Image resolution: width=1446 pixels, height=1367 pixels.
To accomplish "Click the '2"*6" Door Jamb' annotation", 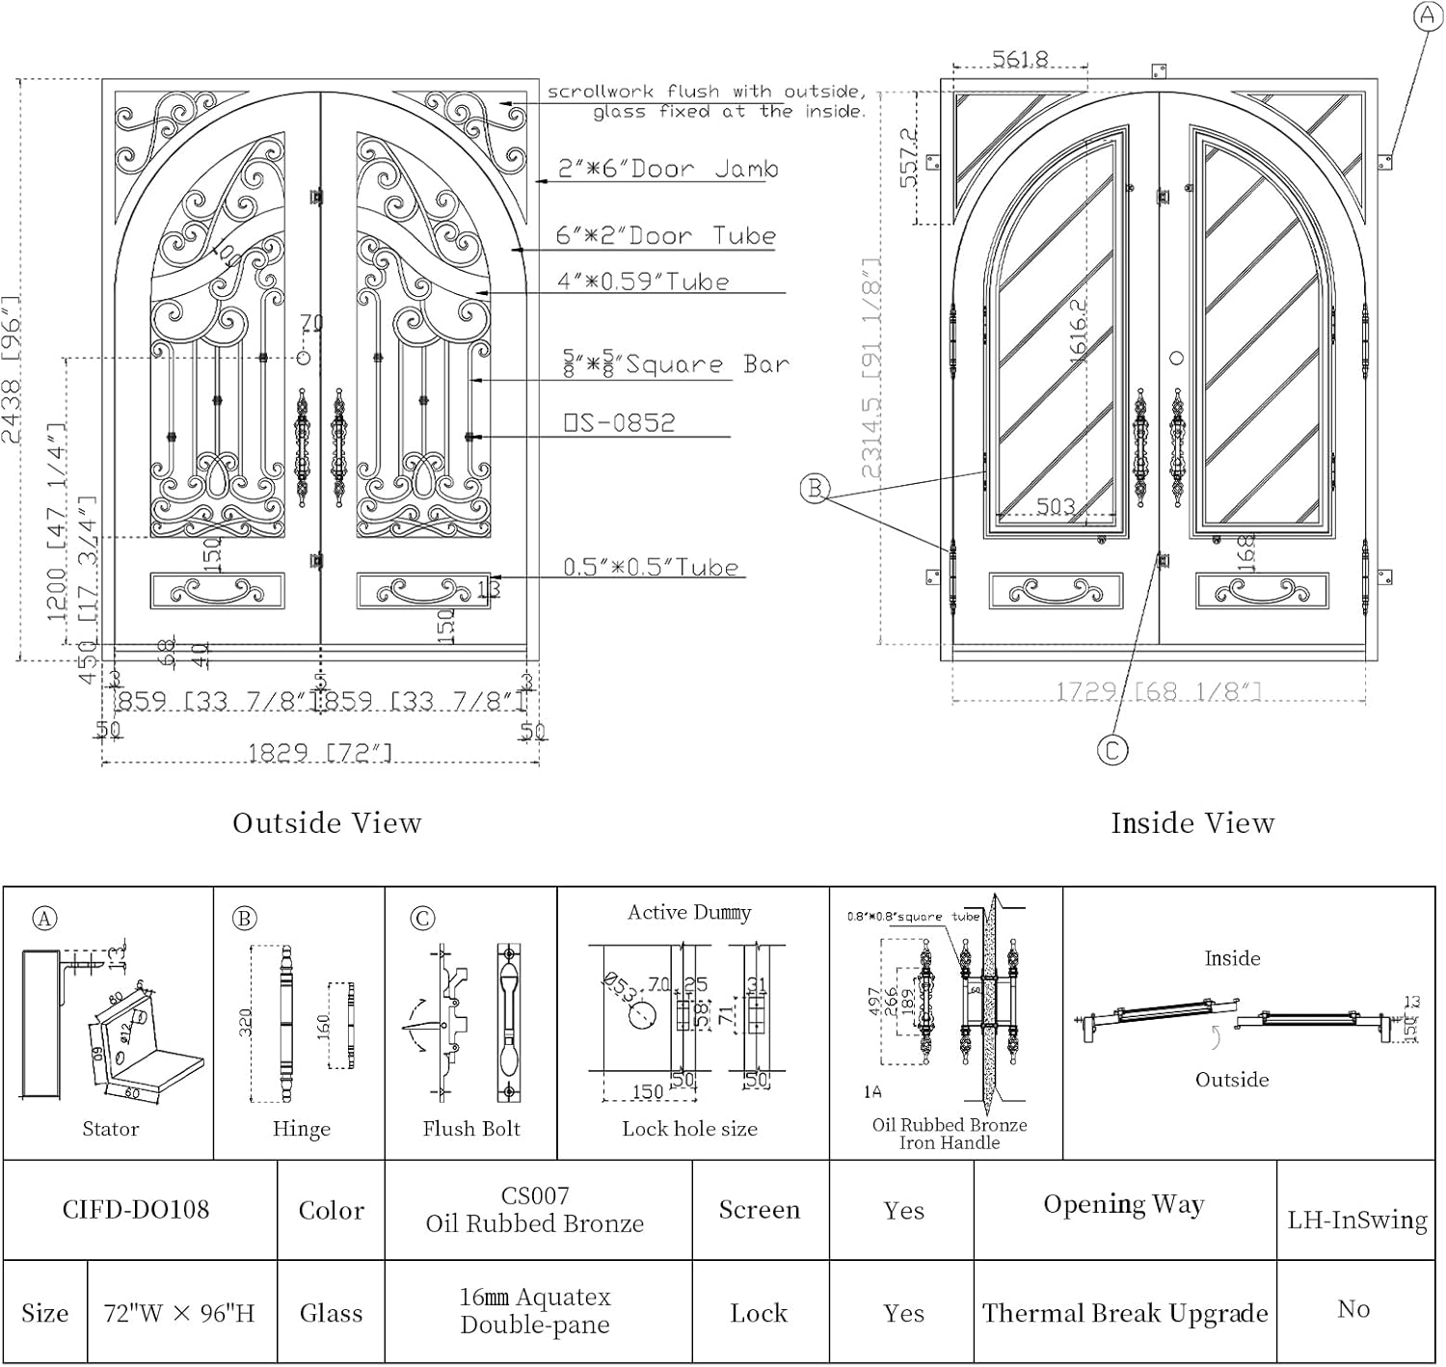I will (x=668, y=169).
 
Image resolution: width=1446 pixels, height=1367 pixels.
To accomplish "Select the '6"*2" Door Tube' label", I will (x=665, y=236).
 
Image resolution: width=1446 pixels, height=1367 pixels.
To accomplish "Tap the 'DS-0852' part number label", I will (x=619, y=422).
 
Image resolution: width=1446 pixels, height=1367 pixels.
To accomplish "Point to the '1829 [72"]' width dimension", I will (x=320, y=752).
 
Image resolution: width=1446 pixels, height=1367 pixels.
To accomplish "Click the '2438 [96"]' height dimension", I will (x=12, y=369).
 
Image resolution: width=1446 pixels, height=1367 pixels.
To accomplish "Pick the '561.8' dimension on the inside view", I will (x=1020, y=60).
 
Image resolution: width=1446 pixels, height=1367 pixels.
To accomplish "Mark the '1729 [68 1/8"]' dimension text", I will (x=1158, y=691).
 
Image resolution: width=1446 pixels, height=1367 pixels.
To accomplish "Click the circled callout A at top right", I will (x=1427, y=15).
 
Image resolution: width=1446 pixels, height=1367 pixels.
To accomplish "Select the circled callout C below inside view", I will (x=1112, y=750).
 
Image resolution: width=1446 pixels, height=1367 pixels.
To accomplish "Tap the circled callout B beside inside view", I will (x=815, y=489).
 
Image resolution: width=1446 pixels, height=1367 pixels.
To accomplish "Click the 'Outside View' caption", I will (x=327, y=822).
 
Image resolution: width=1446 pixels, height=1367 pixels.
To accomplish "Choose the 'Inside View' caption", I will (x=1192, y=822).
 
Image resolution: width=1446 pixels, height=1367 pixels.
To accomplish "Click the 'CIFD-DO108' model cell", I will (x=136, y=1210).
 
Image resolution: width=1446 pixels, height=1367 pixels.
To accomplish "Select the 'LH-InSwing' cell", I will (x=1356, y=1220).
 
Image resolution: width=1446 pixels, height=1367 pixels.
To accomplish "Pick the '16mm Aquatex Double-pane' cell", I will (x=535, y=1311).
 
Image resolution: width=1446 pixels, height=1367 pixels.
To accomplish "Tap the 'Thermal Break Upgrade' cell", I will (x=1124, y=1313).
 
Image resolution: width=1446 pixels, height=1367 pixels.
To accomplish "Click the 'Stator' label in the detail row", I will (x=110, y=1129).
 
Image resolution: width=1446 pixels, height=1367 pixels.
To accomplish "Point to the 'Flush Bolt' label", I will (x=470, y=1129).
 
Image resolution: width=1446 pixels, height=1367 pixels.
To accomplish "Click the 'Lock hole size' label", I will (x=689, y=1129).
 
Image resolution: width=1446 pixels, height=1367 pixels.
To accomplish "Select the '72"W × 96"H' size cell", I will (x=179, y=1313).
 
